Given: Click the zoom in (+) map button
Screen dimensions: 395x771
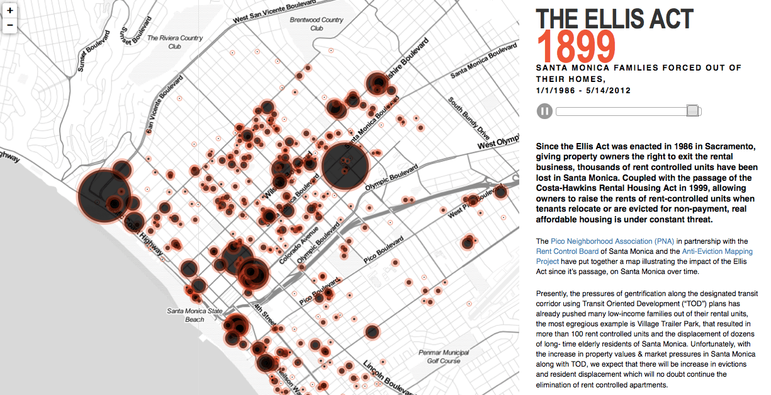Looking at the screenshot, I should pos(10,11).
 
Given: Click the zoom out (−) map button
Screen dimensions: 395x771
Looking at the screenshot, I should pos(10,26).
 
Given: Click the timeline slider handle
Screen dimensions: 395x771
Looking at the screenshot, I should pos(692,111).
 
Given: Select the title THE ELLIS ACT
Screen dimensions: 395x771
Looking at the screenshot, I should pos(614,18).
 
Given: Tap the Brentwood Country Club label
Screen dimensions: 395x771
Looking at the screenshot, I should pos(316,24).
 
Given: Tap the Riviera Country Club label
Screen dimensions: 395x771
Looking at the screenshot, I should pos(175,42).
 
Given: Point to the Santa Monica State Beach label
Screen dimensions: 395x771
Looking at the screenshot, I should pos(194,315).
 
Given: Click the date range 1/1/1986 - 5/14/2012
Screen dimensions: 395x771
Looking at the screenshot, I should pos(583,91).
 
